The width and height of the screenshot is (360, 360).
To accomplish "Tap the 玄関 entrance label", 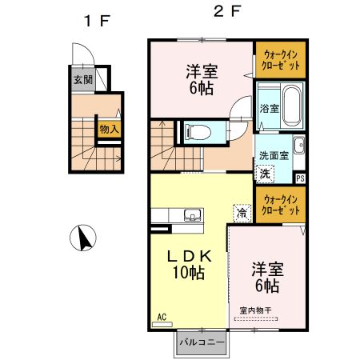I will coord(83,79).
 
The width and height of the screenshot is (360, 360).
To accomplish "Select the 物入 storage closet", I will coord(108,129).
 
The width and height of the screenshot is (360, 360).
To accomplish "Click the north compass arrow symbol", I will coord(84,238).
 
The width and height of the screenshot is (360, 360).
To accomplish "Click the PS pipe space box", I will coord(300,179).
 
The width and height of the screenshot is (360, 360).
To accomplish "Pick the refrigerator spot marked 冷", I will coord(241,213).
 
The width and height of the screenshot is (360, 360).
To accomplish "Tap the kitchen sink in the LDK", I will coord(191,214).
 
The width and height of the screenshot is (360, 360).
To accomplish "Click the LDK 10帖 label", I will coord(188,264).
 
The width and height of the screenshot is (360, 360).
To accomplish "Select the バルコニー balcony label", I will coord(201,342).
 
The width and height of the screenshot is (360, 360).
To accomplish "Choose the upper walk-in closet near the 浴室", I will coord(280,60).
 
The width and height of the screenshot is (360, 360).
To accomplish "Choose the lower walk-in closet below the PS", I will coord(280,205).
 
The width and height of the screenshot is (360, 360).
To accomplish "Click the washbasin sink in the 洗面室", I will coord(298,146).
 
